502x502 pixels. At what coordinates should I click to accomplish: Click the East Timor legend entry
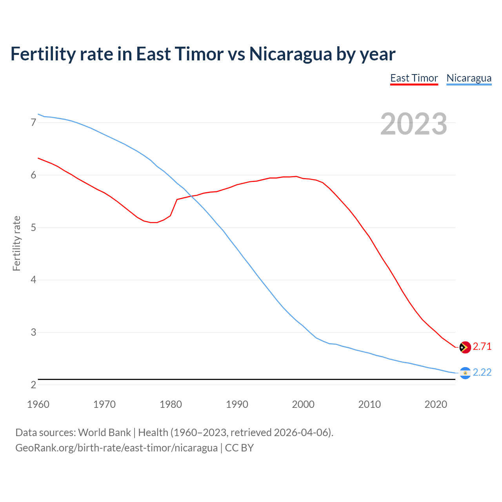[x=414, y=78]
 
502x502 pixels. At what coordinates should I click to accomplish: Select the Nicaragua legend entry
[x=469, y=78]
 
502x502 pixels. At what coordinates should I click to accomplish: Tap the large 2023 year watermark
[x=413, y=124]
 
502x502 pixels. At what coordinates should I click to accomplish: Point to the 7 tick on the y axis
[x=33, y=123]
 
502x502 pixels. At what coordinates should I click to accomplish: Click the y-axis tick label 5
[x=33, y=227]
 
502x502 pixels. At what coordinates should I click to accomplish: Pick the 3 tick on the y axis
[x=33, y=332]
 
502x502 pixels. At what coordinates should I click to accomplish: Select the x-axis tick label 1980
[x=171, y=404]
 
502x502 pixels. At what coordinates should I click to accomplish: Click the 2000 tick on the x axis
[x=303, y=404]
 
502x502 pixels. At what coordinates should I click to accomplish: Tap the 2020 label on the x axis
[x=436, y=404]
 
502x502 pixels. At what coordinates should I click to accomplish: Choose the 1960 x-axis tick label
[x=38, y=404]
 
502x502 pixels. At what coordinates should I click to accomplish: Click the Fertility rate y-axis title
[x=16, y=243]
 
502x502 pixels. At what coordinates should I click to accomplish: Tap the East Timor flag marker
[x=465, y=347]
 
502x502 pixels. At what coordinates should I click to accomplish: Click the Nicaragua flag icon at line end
[x=465, y=373]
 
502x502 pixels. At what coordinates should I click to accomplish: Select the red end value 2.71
[x=482, y=347]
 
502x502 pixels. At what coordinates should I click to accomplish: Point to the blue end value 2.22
[x=482, y=373]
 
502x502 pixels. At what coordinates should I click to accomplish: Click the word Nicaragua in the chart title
[x=290, y=54]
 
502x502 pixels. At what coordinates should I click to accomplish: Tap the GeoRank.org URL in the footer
[x=116, y=448]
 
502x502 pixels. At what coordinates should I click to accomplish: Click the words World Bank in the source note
[x=104, y=433]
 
